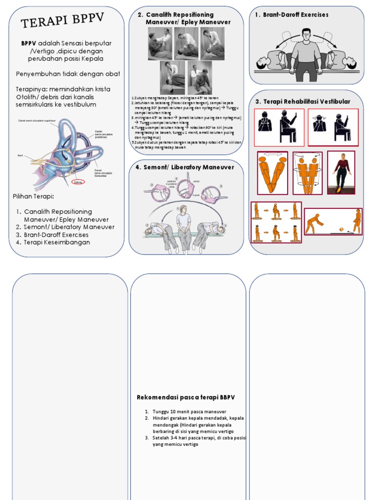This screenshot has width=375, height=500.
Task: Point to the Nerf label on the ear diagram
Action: (x=20, y=156)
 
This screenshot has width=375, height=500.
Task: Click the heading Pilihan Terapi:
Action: (x=33, y=196)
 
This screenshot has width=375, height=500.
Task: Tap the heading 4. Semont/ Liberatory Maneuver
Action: (x=185, y=167)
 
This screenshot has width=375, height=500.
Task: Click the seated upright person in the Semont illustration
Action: (x=184, y=227)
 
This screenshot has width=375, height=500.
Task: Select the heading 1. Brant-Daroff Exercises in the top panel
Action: (x=292, y=15)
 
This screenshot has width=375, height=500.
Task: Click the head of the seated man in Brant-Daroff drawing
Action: (x=306, y=34)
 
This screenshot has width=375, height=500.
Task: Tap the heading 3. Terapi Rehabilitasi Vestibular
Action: (x=303, y=102)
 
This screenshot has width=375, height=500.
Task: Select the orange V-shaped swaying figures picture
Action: (x=272, y=173)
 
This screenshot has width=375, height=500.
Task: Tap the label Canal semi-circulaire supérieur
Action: (x=36, y=121)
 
